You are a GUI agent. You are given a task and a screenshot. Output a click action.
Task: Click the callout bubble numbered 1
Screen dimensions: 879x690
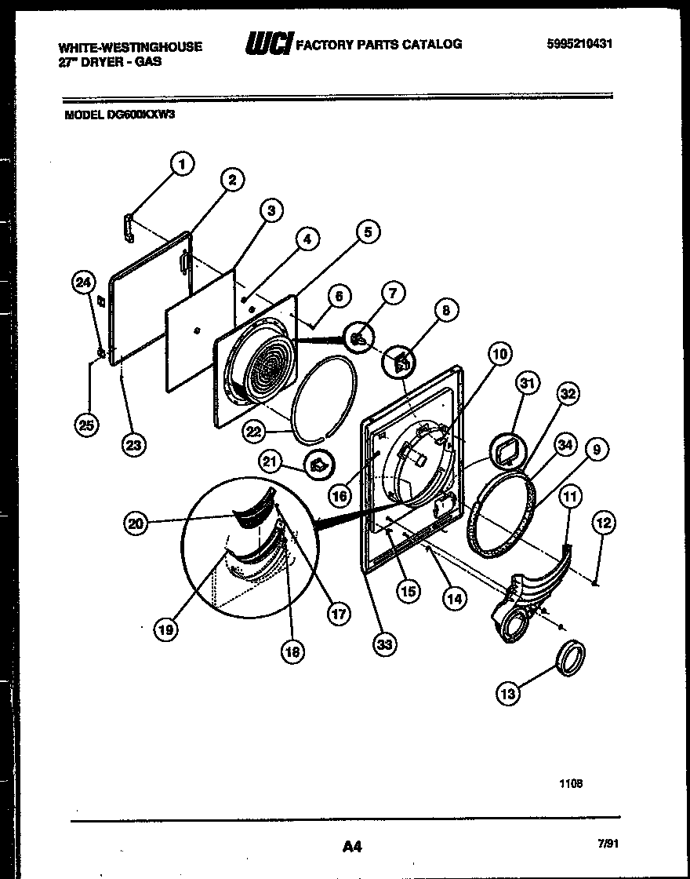point(182,164)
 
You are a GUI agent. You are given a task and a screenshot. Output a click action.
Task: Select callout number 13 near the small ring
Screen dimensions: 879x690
point(508,692)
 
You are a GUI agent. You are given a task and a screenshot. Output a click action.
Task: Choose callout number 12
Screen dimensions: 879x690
point(605,523)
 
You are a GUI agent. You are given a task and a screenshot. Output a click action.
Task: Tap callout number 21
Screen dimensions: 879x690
point(270,463)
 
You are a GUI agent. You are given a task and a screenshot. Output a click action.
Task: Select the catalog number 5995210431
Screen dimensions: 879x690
point(579,44)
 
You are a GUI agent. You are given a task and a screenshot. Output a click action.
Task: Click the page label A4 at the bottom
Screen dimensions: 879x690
point(352,846)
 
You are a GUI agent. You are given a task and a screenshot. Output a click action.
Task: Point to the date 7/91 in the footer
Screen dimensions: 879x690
point(608,844)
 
